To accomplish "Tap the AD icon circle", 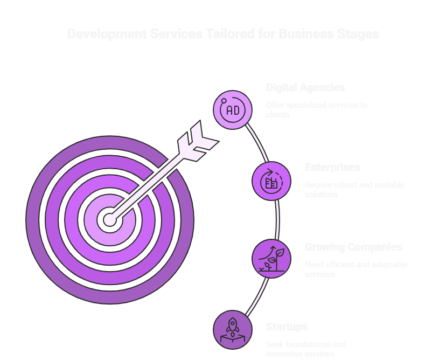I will (x=233, y=110).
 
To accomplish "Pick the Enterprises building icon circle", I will (x=271, y=181).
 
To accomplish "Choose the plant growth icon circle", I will (x=271, y=259).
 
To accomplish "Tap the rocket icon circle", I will (x=233, y=329).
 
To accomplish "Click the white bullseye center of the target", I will (x=110, y=220).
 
